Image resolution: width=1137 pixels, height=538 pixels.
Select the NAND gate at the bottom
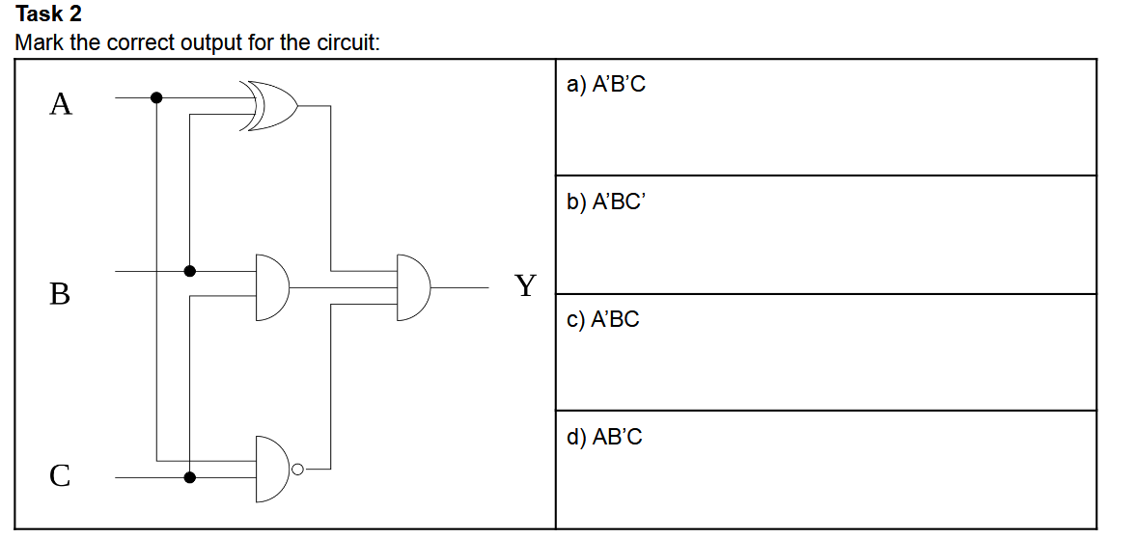point(272,469)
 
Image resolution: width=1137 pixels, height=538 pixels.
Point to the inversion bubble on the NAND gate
point(298,470)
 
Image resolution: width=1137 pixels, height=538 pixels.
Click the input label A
point(60,103)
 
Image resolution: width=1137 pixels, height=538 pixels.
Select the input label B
point(60,293)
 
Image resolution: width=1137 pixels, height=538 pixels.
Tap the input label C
point(60,475)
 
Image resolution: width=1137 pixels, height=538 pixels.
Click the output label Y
point(524,285)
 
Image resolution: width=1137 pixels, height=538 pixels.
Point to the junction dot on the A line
point(156,97)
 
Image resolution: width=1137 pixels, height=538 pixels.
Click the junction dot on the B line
point(190,271)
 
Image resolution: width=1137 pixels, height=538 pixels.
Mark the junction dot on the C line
point(190,476)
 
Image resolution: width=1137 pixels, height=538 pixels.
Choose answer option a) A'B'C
point(606,85)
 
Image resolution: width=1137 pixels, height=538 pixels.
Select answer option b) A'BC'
point(605,202)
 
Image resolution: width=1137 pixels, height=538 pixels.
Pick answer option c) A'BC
point(603,319)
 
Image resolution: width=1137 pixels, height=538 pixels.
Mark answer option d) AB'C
point(604,438)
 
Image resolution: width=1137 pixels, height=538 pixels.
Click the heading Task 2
point(49,14)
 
